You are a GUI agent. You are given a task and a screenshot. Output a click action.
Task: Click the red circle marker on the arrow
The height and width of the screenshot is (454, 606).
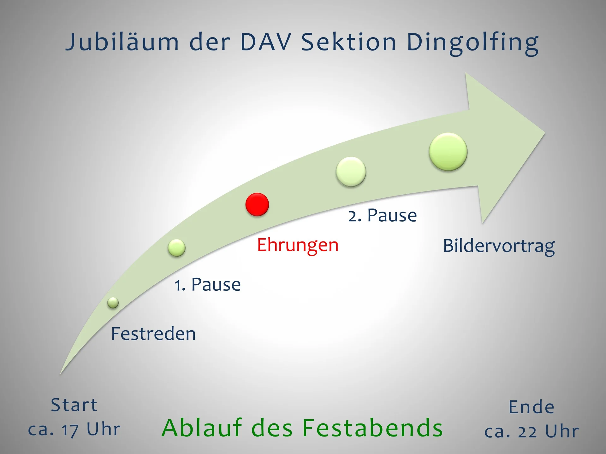(x=257, y=204)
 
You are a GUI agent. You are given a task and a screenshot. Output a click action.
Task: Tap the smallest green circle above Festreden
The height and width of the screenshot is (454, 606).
(x=113, y=303)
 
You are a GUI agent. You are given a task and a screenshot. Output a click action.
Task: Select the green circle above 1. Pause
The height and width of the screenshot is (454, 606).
(x=176, y=247)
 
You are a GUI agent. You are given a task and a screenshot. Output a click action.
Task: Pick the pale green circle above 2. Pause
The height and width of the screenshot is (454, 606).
(x=351, y=172)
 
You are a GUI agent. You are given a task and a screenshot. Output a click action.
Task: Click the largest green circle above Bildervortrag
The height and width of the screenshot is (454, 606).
(x=448, y=152)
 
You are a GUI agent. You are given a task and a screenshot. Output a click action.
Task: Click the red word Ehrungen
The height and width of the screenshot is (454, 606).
(x=298, y=245)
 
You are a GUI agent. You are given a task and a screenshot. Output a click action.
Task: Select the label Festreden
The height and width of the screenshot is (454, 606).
(x=153, y=334)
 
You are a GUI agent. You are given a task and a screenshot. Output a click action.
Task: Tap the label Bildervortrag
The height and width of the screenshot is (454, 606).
(x=499, y=246)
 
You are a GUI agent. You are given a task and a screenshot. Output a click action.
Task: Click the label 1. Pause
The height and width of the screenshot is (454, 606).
(x=208, y=284)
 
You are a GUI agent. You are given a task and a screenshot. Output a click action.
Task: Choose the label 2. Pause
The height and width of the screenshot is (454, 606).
(x=383, y=215)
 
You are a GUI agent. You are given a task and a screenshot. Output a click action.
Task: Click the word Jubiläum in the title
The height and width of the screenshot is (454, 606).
(x=122, y=42)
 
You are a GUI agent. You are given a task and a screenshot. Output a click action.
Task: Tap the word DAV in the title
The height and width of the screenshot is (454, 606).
(x=265, y=42)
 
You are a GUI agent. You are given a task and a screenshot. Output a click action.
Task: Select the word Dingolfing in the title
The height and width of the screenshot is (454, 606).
(x=472, y=43)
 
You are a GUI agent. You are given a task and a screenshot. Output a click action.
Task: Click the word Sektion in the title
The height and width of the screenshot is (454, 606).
(x=349, y=42)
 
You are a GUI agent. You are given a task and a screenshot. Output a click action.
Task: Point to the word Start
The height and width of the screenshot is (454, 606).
(x=74, y=405)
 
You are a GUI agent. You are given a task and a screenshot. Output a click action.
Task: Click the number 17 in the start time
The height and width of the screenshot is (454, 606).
(x=70, y=430)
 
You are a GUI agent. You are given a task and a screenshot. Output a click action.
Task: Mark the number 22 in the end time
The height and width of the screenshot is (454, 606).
(x=527, y=432)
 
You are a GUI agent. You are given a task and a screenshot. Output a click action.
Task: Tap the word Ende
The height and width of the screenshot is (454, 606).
(x=532, y=407)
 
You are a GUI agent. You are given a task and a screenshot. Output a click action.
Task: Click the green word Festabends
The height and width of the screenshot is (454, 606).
(x=372, y=428)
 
